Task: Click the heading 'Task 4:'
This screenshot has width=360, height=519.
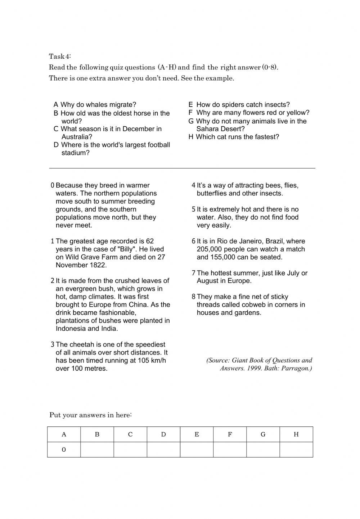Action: (x=60, y=56)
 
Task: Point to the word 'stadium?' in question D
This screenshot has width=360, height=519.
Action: (x=75, y=153)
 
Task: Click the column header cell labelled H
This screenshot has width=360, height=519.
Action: (x=296, y=434)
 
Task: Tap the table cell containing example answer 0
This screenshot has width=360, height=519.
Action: (x=64, y=450)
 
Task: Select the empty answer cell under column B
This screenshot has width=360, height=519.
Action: (x=97, y=450)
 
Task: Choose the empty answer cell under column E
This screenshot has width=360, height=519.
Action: (x=197, y=450)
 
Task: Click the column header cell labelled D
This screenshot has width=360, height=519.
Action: (x=163, y=434)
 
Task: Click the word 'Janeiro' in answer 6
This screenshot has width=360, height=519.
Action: (x=250, y=241)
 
